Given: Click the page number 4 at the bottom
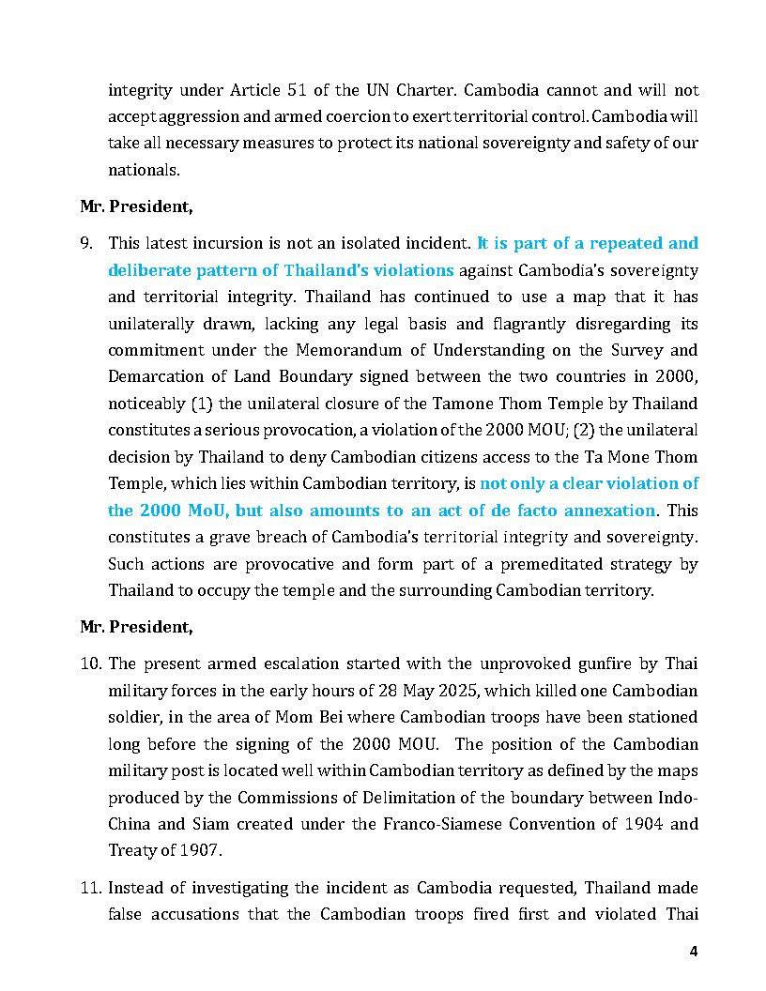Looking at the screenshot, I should click(x=694, y=951).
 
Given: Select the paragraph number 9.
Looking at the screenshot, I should click(x=86, y=244).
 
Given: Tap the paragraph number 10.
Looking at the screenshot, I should click(x=90, y=664).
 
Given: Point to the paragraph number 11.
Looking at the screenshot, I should click(x=90, y=888).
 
